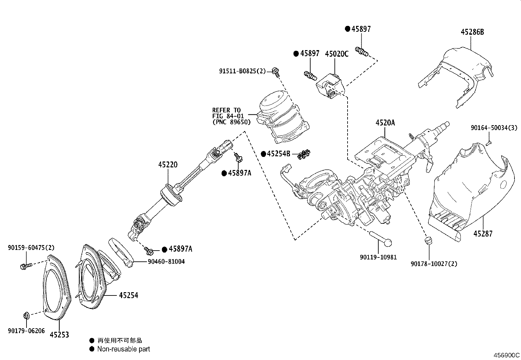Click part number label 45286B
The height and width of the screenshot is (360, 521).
coord(472,32)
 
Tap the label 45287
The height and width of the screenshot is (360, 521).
coord(483,234)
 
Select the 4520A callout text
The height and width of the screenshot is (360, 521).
coord(385,123)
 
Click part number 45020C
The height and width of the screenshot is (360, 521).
coord(336,54)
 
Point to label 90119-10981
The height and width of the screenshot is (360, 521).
coord(378,257)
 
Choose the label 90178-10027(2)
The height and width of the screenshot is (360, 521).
coord(434,264)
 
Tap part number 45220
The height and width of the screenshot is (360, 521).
coord(168,164)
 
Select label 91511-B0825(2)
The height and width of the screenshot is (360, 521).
coord(243,71)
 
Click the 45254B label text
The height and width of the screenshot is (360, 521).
coord(278,154)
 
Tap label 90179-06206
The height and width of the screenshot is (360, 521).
coord(26,331)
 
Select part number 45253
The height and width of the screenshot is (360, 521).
coord(60,334)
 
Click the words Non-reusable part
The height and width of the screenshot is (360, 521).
coord(123,349)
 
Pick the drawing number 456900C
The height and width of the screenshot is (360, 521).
coord(507,355)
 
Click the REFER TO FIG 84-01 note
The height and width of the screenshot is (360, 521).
coord(231,116)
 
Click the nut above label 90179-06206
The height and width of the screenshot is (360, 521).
coord(27,316)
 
